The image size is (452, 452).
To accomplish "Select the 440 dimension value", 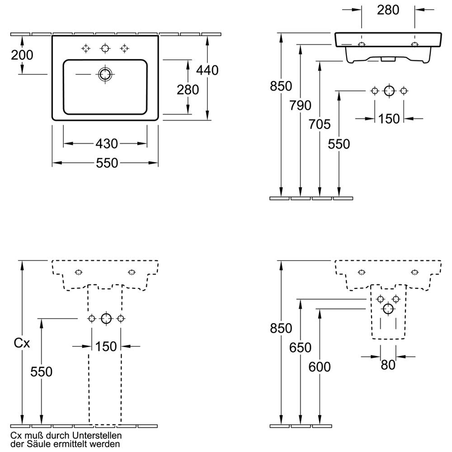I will pos(207,70).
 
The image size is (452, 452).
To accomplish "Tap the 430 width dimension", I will pos(107,144).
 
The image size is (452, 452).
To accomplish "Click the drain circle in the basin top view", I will pos(105,74).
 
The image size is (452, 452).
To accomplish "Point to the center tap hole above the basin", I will pos(105,48).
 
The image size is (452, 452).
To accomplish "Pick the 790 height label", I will pos(301,105).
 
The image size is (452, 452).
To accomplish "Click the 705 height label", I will pos(320,123).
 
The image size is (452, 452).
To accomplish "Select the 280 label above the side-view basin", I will pos(389,10).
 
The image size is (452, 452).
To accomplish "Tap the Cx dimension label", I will pos(22,344).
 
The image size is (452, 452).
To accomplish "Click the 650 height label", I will pos(301,348).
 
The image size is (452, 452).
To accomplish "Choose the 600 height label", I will pos(320,367).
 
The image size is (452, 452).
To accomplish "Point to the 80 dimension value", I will pos(388,365).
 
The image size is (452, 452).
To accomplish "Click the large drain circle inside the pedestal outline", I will pos(106,318).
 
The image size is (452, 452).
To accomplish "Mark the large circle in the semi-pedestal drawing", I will pos(388,309).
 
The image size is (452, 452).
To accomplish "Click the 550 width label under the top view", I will pos(107,163).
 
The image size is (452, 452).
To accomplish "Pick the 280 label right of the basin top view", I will pos(188,89).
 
